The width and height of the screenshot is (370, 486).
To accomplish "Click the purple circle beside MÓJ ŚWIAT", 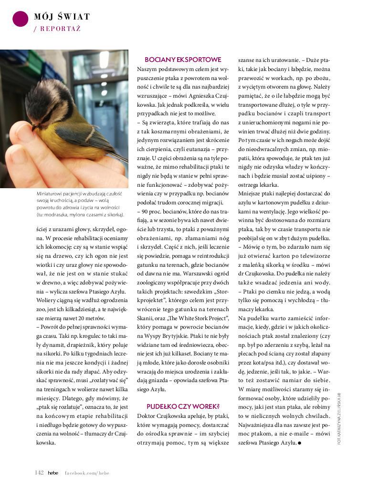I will [x=20, y=19].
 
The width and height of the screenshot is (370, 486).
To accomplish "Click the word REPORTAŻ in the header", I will [x=60, y=29].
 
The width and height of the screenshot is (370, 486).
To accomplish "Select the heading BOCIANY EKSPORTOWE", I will [x=183, y=60].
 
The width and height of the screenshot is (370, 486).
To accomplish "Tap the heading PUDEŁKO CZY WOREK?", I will [x=182, y=406].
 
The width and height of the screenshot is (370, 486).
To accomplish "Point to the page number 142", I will [x=39, y=472].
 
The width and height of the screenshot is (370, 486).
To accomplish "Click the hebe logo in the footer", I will [x=53, y=472].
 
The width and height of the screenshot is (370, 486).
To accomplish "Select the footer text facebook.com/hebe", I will [x=87, y=473].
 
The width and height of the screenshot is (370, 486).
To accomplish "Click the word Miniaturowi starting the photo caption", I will [x=53, y=194].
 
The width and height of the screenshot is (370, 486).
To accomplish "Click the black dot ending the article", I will [x=299, y=443].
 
